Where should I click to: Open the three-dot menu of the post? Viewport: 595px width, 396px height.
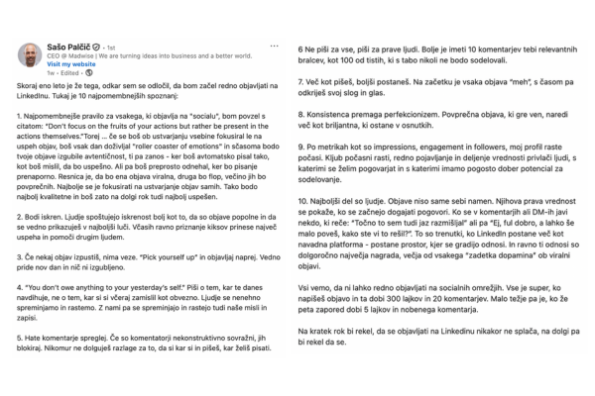click(x=273, y=47)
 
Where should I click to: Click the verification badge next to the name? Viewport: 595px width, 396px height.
click(x=96, y=47)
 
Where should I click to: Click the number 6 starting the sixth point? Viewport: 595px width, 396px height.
click(x=301, y=48)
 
